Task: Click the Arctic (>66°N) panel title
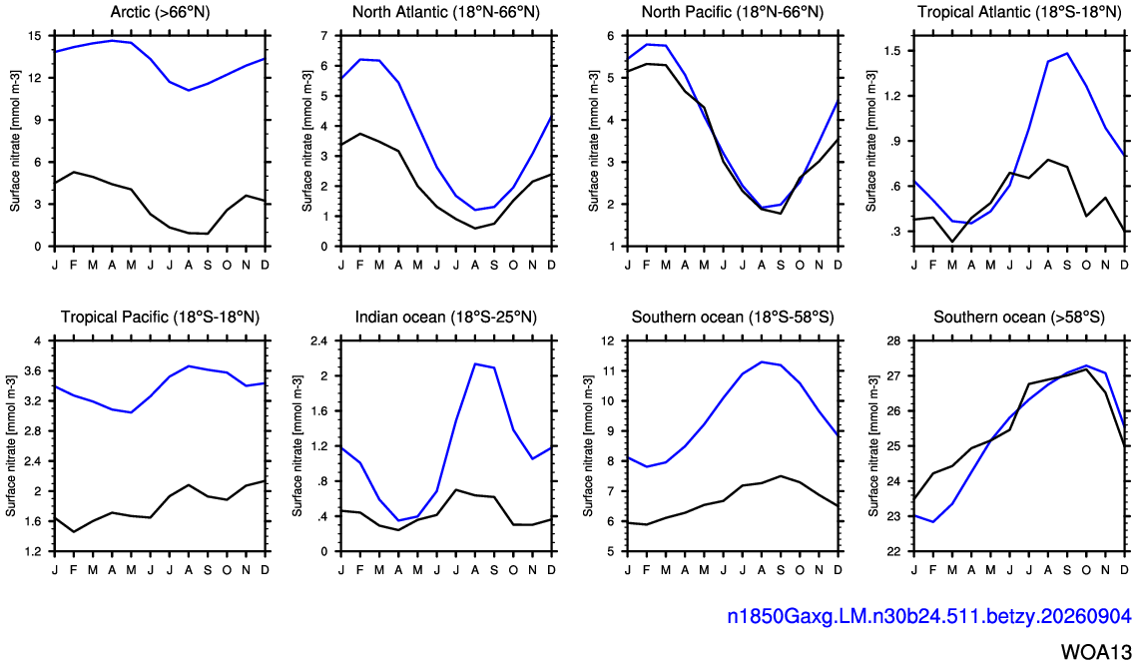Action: [x=161, y=12]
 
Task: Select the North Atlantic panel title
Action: [x=446, y=12]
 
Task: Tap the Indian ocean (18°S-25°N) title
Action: [x=446, y=317]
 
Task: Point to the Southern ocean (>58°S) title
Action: [x=1019, y=317]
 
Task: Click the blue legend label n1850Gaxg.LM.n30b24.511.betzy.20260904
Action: [x=929, y=616]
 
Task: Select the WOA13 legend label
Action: [x=1096, y=650]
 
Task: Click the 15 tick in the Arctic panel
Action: [x=34, y=36]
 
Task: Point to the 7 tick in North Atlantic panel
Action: [x=323, y=36]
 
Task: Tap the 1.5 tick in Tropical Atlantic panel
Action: [x=891, y=51]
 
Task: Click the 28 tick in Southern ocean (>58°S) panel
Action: [x=893, y=340]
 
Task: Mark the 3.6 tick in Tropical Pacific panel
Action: [x=33, y=370]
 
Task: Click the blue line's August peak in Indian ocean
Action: [x=475, y=364]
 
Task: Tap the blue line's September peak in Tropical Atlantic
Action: [x=1067, y=53]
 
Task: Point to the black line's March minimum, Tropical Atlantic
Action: [x=952, y=242]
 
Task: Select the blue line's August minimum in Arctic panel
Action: [x=189, y=90]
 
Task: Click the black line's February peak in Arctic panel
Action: [x=74, y=172]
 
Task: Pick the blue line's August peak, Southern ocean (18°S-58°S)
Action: [x=762, y=361]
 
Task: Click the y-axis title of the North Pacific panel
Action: [x=593, y=141]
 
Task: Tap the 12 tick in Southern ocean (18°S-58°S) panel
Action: [x=607, y=340]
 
